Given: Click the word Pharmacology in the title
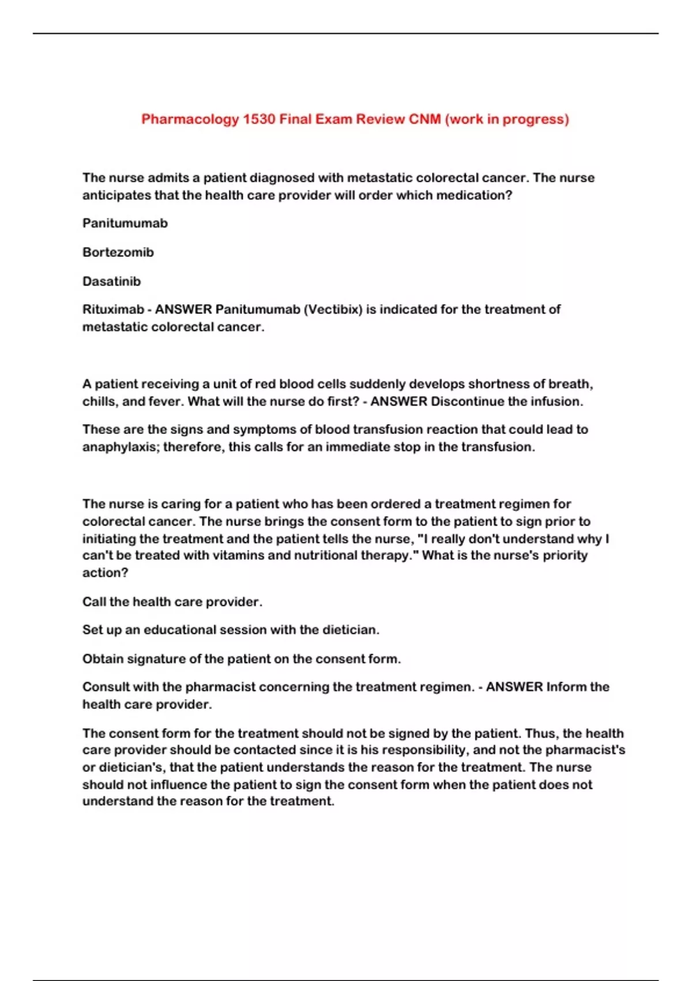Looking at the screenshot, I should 190,119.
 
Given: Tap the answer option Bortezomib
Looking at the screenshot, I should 118,252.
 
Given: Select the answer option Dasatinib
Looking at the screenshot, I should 111,282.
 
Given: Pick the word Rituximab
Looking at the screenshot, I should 113,309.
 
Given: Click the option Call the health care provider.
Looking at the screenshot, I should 172,602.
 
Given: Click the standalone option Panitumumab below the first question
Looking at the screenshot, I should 125,223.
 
